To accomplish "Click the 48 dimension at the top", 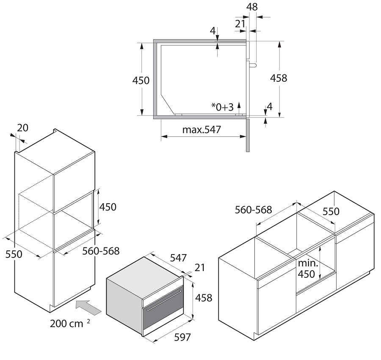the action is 252,7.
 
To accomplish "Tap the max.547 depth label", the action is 202,130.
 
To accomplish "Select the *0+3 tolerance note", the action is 222,107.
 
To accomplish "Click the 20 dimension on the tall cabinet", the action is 23,128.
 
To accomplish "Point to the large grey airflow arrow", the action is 88,307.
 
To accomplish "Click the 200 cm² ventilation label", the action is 70,323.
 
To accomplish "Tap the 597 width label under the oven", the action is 182,337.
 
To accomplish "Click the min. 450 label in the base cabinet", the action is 308,269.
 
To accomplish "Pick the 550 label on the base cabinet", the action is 331,211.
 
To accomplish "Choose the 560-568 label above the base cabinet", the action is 254,210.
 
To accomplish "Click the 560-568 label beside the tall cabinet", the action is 101,251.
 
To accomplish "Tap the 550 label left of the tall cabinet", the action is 14,254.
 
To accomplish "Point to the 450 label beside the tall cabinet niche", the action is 108,207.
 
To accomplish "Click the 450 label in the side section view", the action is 141,80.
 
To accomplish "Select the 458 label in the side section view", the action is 279,78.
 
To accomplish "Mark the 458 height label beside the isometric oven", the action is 204,298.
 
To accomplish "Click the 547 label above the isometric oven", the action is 178,258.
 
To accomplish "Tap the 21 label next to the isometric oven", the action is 200,268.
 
